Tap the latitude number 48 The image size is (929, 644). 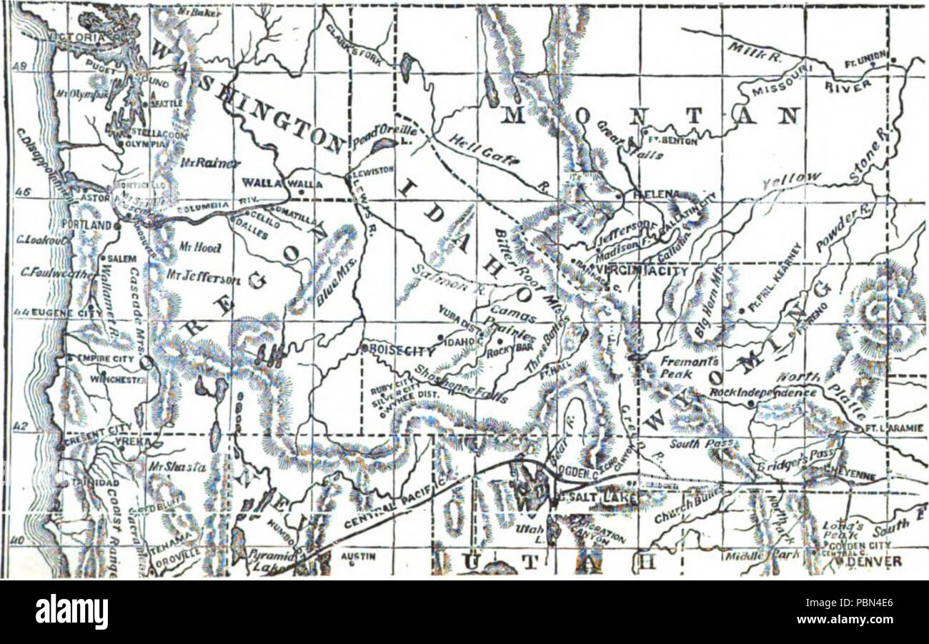(22, 66)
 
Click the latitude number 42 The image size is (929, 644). (21, 427)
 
